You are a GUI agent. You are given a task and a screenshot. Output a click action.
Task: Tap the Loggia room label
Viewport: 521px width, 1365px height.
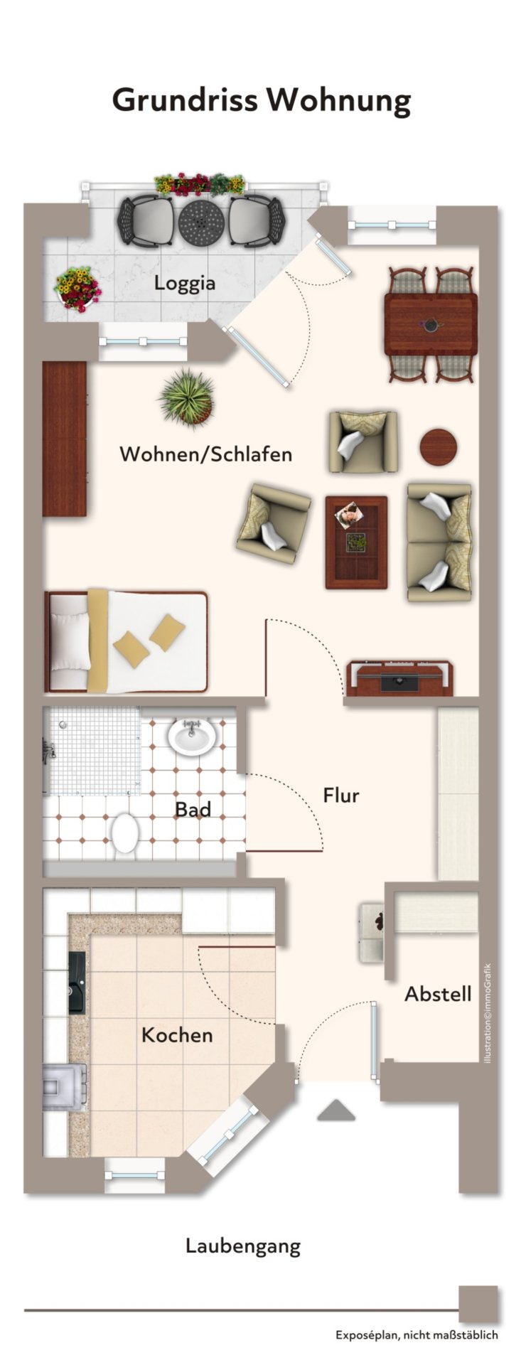(x=185, y=283)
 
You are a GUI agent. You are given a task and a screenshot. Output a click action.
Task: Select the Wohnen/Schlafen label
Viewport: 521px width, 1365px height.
(x=205, y=454)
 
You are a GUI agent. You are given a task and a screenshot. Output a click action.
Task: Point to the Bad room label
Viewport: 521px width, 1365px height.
(x=193, y=809)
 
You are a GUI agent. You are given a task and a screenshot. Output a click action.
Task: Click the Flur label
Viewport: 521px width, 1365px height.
(x=341, y=795)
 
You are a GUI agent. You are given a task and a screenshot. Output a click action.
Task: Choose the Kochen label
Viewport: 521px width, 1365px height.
(x=177, y=1034)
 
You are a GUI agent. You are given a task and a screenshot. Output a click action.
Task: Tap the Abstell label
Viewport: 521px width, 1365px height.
(x=438, y=994)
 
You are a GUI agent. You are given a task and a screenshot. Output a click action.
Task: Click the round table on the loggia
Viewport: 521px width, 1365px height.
(x=201, y=223)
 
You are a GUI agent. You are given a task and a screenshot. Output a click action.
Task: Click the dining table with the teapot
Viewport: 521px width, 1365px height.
(x=431, y=324)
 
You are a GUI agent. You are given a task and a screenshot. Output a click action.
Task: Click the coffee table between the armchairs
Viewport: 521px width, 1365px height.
(x=356, y=542)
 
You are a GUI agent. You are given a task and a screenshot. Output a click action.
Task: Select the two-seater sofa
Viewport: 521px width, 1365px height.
(x=439, y=542)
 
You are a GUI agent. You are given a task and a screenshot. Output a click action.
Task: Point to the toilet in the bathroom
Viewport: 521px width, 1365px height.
(x=126, y=833)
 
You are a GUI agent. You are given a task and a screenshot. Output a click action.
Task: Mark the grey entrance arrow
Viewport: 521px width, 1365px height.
(x=335, y=1110)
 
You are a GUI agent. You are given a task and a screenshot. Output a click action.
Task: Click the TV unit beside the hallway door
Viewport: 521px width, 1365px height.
(x=399, y=678)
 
